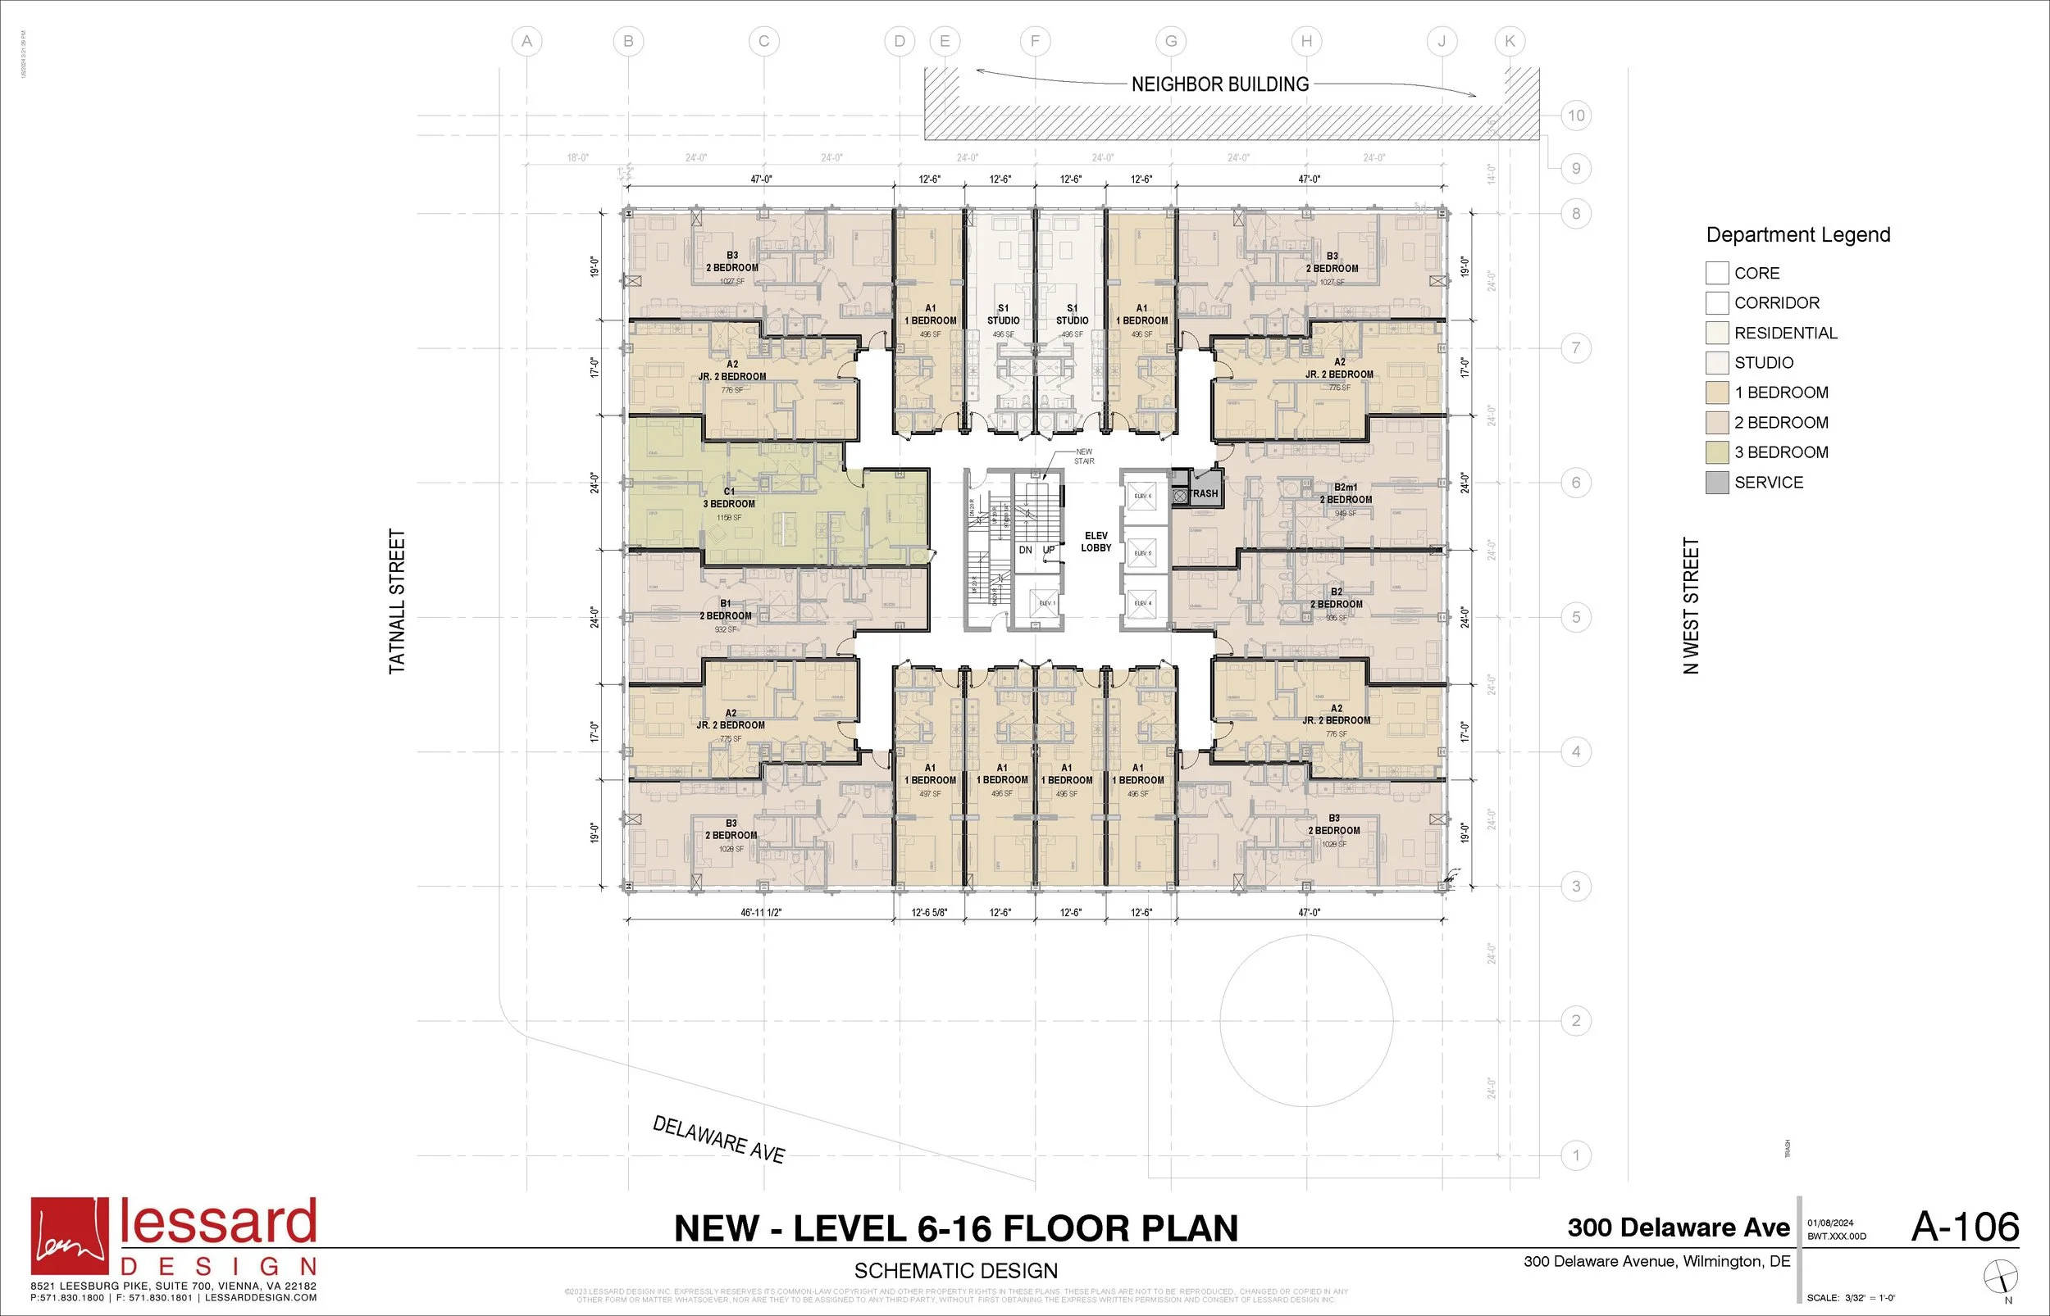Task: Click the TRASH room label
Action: (x=1204, y=493)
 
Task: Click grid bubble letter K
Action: (x=1510, y=41)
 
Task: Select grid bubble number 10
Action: (x=1575, y=116)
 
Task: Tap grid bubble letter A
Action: (x=526, y=41)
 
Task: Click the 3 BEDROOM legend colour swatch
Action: (x=1716, y=452)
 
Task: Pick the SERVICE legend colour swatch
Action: (x=1716, y=482)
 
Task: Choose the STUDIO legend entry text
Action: (x=1764, y=362)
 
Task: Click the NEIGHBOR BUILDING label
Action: (x=1220, y=84)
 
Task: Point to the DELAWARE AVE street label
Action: (x=718, y=1139)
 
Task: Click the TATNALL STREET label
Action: (x=398, y=601)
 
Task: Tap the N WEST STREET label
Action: (x=1691, y=605)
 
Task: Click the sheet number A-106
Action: (x=1965, y=1228)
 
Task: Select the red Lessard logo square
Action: (x=70, y=1236)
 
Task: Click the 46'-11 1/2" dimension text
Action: (x=761, y=913)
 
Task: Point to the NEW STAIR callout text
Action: (x=1084, y=456)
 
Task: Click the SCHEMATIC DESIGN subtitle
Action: (x=956, y=1271)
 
